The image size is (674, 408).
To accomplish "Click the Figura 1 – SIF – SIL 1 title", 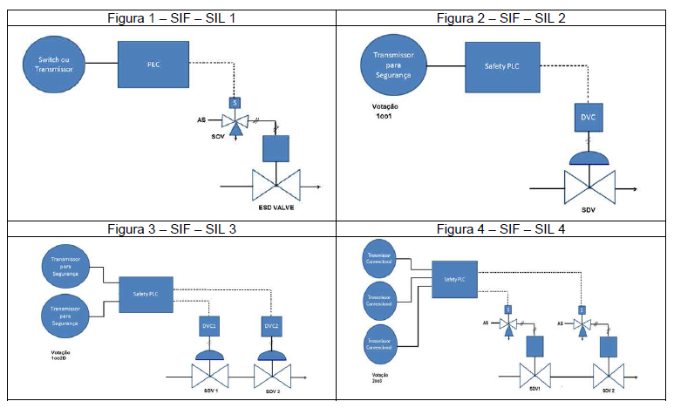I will pos(171,17).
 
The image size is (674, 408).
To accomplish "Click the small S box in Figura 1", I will pos(233,102).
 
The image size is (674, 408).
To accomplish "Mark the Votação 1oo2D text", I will pos(54,357).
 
